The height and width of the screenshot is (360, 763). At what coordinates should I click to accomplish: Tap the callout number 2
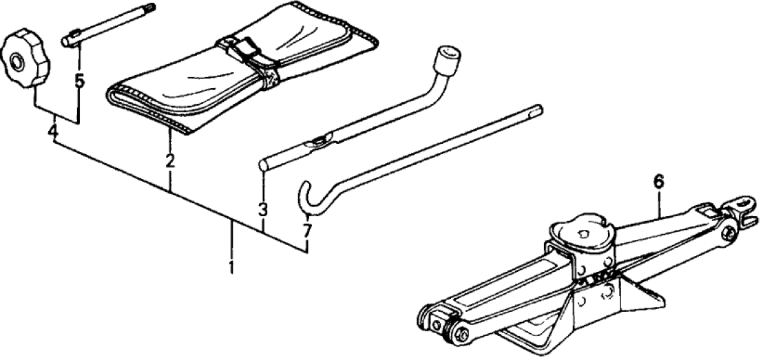[170, 160]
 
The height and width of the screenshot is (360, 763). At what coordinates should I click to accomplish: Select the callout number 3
[263, 210]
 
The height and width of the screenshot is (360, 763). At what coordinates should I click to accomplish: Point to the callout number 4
[53, 131]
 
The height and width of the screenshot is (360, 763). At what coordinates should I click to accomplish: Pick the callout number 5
[79, 81]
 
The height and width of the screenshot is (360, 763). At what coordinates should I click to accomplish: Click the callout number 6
[658, 182]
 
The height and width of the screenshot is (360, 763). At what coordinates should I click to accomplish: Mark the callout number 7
[306, 231]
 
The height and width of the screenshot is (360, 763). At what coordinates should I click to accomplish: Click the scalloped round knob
[25, 58]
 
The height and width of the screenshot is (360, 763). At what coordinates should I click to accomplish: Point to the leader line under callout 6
[659, 204]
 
